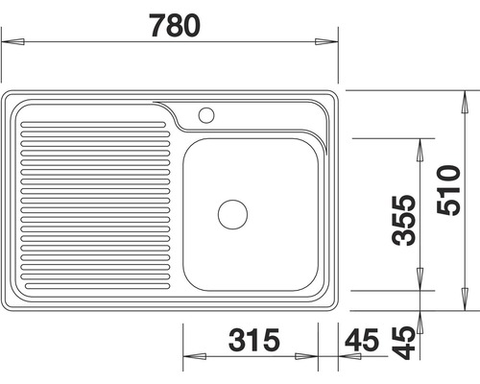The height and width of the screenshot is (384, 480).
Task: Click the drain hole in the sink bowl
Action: [232, 213]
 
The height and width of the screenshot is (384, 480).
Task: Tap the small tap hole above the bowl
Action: [204, 115]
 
